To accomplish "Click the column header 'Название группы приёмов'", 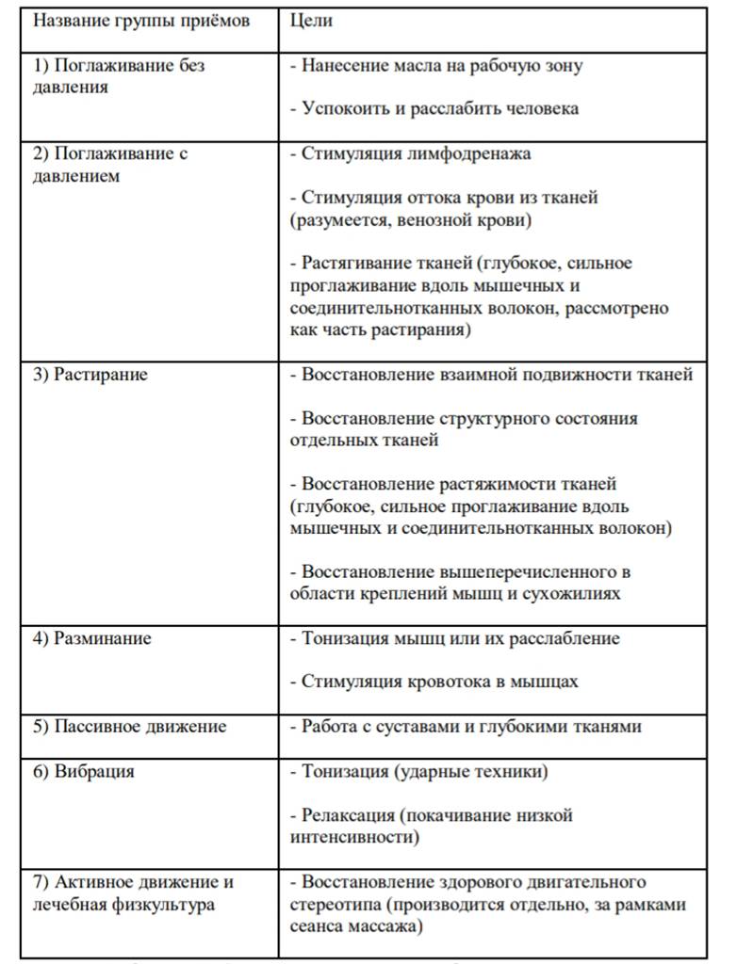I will [x=142, y=20].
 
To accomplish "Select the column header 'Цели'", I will [x=311, y=20].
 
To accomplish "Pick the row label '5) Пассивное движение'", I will [x=130, y=726].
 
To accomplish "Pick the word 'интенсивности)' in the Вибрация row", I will [x=355, y=835].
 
